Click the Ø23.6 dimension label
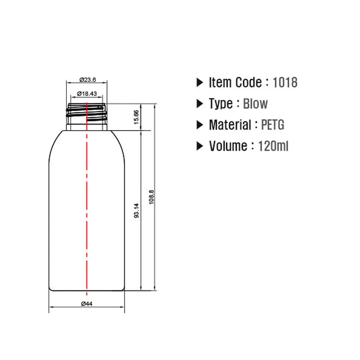pos(88,80)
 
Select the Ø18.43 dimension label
pos(87,94)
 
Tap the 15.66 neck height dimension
pos(136,117)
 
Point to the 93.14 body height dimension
pos(136,210)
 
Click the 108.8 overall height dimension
pos(151,197)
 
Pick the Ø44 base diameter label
pos(87,304)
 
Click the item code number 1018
pos(285,82)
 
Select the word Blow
pos(255,104)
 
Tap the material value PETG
pos(273,125)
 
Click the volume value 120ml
pos(273,146)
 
